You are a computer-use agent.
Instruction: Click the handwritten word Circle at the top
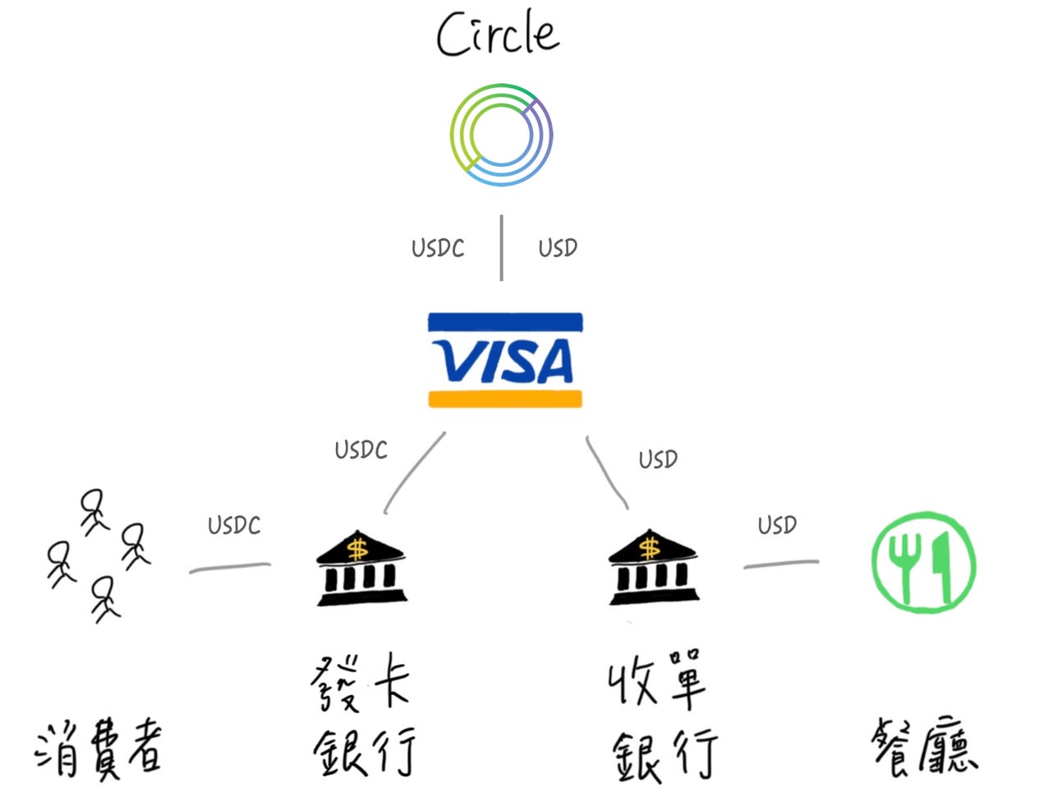(x=498, y=35)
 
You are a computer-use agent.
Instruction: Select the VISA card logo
(x=504, y=360)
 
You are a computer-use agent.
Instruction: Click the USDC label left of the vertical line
(x=438, y=248)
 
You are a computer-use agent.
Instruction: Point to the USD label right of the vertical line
(x=558, y=247)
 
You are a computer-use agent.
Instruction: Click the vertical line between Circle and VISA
(x=501, y=248)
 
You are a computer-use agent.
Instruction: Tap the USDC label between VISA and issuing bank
(x=361, y=450)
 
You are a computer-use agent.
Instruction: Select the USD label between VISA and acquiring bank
(x=658, y=459)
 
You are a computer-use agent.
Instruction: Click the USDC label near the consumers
(x=234, y=525)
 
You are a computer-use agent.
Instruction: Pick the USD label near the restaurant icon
(x=777, y=524)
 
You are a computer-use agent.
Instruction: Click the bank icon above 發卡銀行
(x=361, y=569)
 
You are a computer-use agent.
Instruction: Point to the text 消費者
(x=99, y=749)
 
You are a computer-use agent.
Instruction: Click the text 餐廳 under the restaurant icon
(x=925, y=746)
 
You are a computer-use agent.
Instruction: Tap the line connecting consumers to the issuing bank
(x=230, y=567)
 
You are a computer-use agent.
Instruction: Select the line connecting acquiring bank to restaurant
(x=781, y=564)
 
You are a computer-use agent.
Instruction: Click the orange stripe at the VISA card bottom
(x=504, y=399)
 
